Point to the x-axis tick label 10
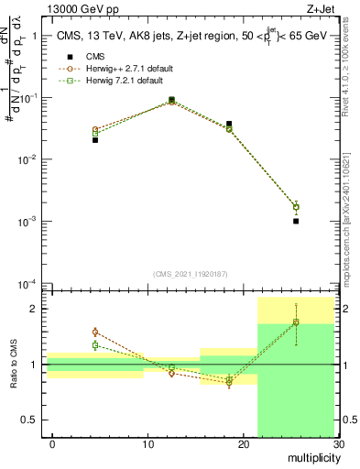pyautogui.click(x=147, y=445)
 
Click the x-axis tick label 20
pyautogui.click(x=243, y=445)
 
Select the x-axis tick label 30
pyautogui.click(x=337, y=445)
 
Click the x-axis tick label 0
pyautogui.click(x=52, y=445)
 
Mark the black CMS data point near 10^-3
pyautogui.click(x=296, y=221)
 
